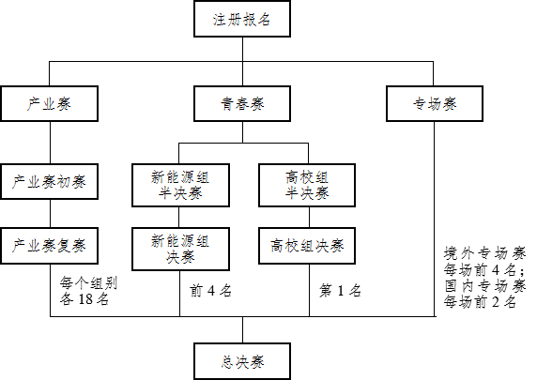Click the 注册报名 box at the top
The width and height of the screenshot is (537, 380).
pos(242,19)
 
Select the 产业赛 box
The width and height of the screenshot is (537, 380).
pos(50,104)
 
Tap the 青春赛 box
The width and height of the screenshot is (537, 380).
pos(242,104)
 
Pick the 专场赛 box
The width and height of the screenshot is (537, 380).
pos(435,104)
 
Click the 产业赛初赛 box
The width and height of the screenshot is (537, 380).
pos(50,181)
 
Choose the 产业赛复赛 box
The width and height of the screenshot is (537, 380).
pos(50,246)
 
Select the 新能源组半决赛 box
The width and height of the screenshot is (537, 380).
pos(180,185)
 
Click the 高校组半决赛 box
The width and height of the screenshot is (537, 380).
pos(307,185)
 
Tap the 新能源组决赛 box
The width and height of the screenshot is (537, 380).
pos(180,250)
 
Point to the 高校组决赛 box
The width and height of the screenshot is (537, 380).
pos(307,246)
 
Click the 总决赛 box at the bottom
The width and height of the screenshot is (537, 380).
pos(242,361)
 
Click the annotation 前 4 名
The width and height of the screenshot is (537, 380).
pos(210,291)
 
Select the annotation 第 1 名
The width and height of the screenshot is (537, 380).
pos(340,291)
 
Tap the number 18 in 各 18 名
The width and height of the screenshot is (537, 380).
pos(85,299)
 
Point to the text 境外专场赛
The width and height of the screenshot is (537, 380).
pos(484,253)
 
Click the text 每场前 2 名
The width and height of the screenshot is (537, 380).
pos(480,302)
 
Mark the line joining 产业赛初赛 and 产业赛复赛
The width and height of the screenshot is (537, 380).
pos(51,214)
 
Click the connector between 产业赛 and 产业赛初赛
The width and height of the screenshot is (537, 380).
pos(51,143)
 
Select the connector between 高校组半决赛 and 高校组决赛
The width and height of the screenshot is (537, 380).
pos(309,218)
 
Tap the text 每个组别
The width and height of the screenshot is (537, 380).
pos(88,283)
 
